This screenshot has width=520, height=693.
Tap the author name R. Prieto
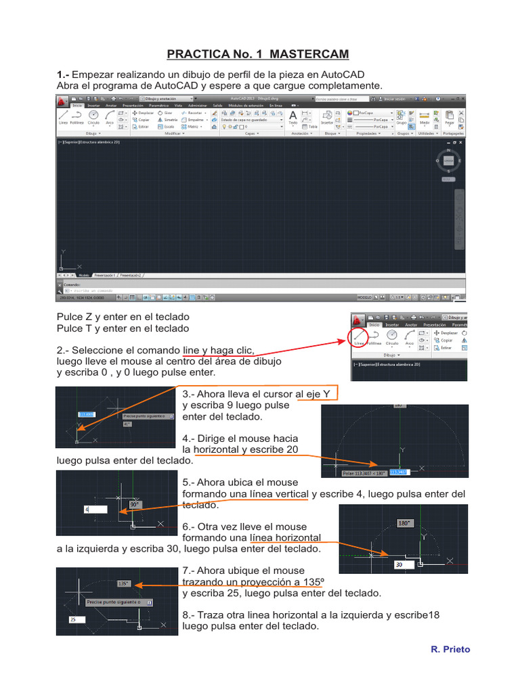pyautogui.click(x=450, y=649)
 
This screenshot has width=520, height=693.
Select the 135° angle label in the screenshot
pyautogui.click(x=123, y=583)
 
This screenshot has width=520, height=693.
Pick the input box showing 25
pyautogui.click(x=76, y=619)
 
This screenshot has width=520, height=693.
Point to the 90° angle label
pyautogui.click(x=134, y=504)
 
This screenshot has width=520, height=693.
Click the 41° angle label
pyautogui.click(x=127, y=424)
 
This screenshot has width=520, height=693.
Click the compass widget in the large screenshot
pyautogui.click(x=448, y=160)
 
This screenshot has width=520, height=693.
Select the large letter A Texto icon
pyautogui.click(x=293, y=117)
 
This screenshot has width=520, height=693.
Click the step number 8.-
pyautogui.click(x=189, y=615)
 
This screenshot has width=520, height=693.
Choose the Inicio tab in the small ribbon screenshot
pyautogui.click(x=374, y=324)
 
